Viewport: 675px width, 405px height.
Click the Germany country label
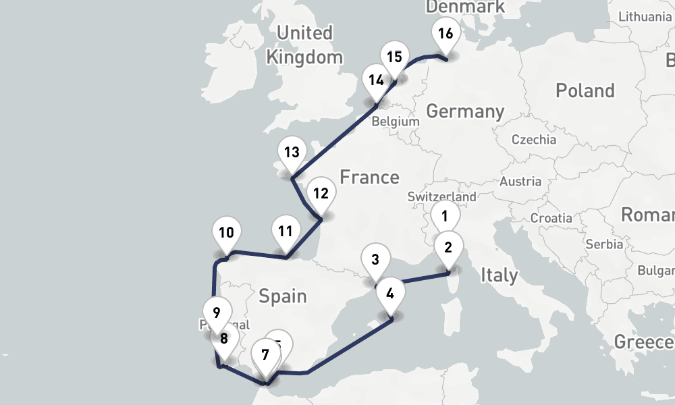(465, 111)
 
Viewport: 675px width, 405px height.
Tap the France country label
(369, 178)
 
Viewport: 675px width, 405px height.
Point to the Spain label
(282, 296)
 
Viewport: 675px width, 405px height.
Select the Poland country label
(585, 90)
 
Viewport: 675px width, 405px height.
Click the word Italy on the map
(499, 275)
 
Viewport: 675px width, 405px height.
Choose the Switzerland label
(441, 197)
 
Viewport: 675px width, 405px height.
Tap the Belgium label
(396, 122)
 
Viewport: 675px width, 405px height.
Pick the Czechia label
(534, 140)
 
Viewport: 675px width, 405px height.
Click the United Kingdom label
(304, 45)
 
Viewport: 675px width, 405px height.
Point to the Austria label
(520, 181)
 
